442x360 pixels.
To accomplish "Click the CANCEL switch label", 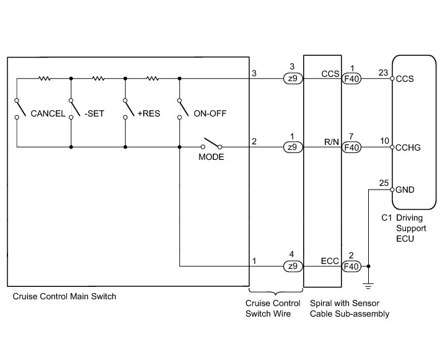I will (47, 113).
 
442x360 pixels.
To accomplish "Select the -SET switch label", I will (95, 113).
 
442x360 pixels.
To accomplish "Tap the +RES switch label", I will (149, 113).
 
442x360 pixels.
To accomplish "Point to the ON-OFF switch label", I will (208, 113).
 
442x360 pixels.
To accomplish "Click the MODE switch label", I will (211, 157).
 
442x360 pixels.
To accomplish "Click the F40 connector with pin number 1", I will (351, 79).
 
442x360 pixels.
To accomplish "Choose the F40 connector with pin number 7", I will (351, 147).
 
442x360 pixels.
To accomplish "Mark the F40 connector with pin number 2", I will (351, 266).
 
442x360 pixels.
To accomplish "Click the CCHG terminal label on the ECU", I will (409, 147).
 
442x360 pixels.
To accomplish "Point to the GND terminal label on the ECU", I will (405, 190).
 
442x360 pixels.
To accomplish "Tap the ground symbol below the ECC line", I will (369, 286).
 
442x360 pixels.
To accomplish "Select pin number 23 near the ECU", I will (384, 72).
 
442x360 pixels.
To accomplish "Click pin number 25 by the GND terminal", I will (384, 183).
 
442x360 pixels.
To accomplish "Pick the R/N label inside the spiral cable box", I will (331, 143).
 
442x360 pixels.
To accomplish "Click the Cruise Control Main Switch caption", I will (64, 297).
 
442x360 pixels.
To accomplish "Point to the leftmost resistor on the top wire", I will (44, 79).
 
